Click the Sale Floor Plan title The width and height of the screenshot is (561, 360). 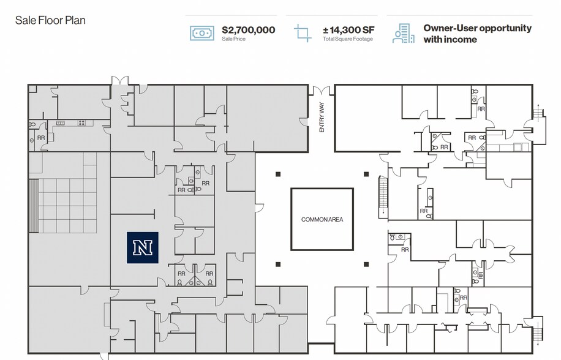coord(50,20)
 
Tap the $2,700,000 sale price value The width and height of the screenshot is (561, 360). coord(248,29)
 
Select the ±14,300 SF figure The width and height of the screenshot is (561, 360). coord(348,29)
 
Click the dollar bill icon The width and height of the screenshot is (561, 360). coord(201,32)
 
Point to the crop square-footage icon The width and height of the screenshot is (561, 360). coord(303,32)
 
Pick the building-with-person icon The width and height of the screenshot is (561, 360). coord(403,33)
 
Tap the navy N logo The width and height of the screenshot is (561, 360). coord(143,247)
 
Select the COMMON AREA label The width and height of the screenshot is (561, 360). coord(322,219)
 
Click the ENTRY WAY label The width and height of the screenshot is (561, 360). coord(322,118)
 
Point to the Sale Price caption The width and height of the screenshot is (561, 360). coord(234,39)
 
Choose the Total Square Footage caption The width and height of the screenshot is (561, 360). coord(347,39)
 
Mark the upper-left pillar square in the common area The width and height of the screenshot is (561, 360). coord(278,174)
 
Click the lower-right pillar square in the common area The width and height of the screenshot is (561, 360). coord(366,264)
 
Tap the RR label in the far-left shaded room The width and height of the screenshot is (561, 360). coord(41,138)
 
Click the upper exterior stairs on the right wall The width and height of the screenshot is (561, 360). coord(539,114)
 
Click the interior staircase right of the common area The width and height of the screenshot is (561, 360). coord(384,195)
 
